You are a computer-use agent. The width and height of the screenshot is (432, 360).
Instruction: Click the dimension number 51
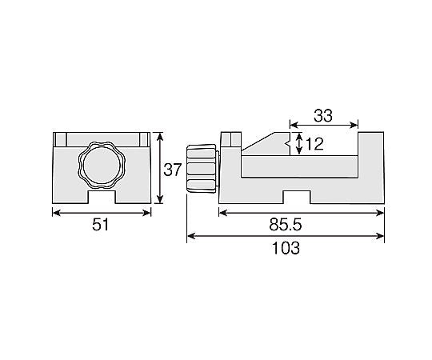coord(101,226)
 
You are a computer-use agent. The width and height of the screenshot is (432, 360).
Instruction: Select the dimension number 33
coord(323,115)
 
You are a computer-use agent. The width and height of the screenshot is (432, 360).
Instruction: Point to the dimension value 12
coord(314,145)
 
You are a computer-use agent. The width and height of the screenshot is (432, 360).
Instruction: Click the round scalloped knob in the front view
coord(101,165)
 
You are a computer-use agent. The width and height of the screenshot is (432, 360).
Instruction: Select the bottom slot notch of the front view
coord(101,194)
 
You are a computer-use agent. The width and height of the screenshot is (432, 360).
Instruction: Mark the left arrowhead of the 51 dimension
coord(55,212)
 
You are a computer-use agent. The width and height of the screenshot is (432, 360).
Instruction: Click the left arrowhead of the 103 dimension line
coord(190,236)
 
